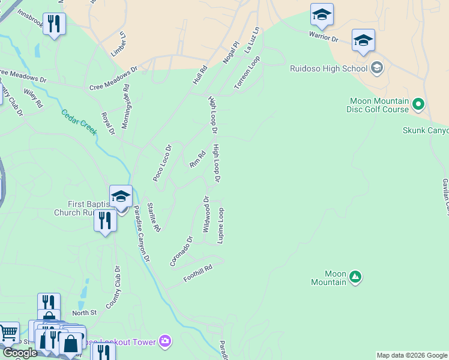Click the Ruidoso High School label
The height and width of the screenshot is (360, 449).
click(x=328, y=68)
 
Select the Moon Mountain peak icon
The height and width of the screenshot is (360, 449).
click(x=355, y=277)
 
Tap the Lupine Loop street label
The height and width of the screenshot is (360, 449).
click(x=221, y=226)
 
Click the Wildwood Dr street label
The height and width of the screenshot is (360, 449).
click(x=206, y=214)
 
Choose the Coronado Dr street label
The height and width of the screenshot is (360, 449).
click(x=181, y=251)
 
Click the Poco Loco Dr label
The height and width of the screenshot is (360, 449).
click(x=162, y=163)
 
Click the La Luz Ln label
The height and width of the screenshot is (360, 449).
click(x=254, y=40)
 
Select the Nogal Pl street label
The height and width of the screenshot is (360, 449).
click(x=231, y=53)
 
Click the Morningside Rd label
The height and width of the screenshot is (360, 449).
click(x=126, y=106)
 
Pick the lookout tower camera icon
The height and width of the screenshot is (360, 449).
click(x=165, y=341)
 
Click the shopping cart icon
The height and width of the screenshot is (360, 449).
click(x=8, y=332)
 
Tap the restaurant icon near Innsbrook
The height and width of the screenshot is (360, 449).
click(x=55, y=23)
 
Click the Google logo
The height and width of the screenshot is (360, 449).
click(x=20, y=353)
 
